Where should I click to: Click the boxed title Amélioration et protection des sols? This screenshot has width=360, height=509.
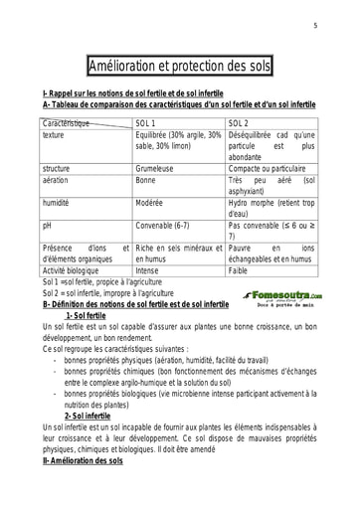coord(179,66)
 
